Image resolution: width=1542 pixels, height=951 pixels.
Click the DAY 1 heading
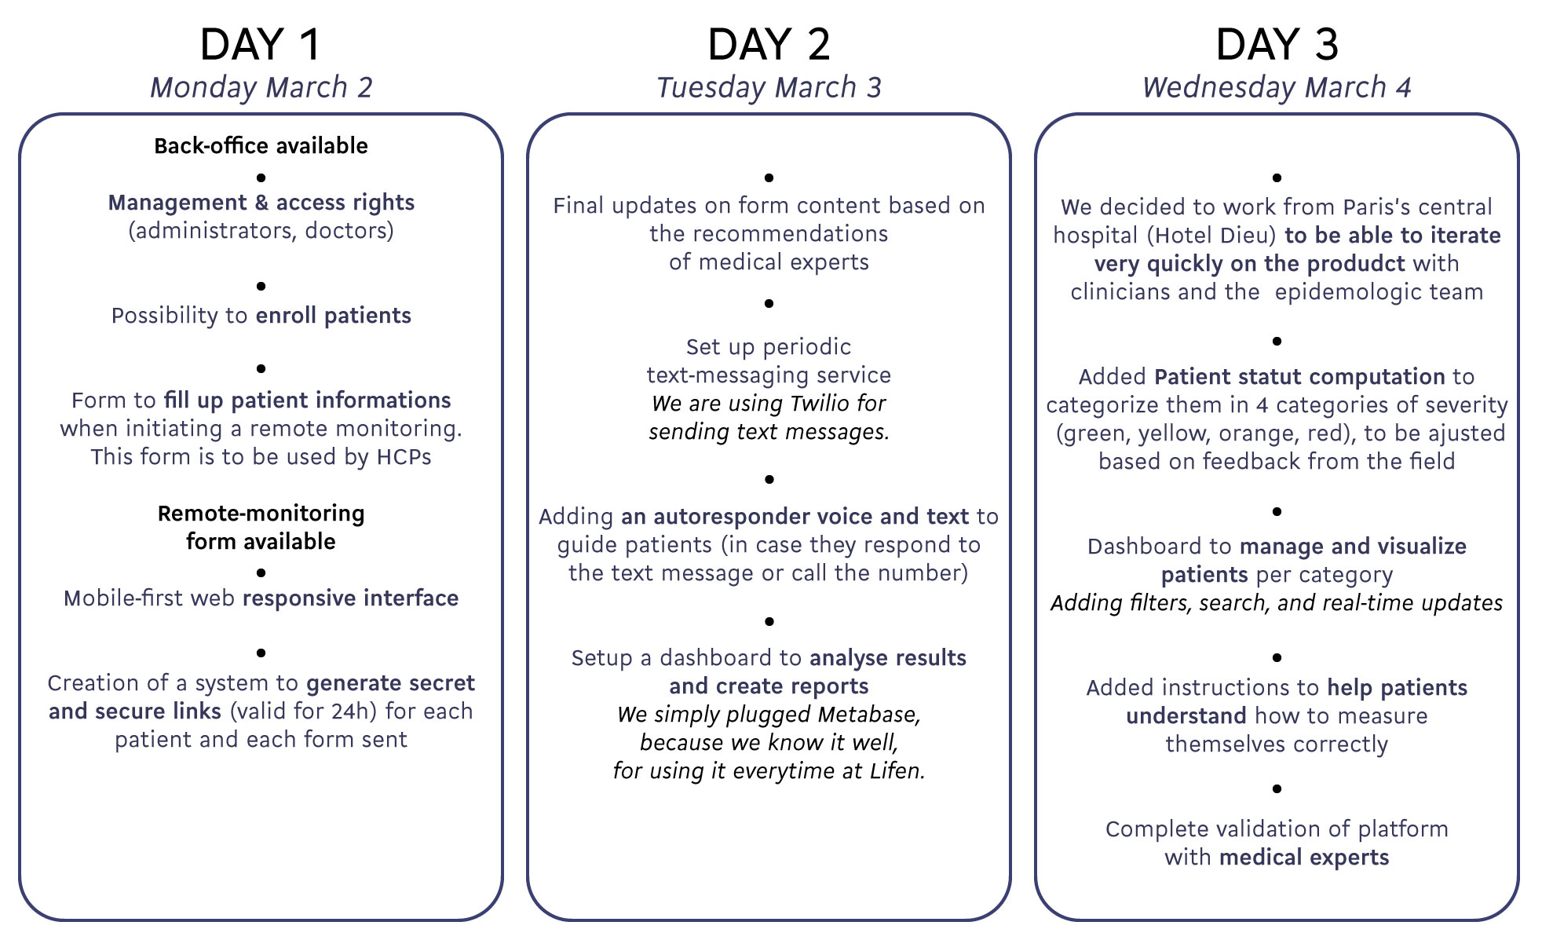tap(261, 44)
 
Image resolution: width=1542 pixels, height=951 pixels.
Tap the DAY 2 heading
tap(769, 44)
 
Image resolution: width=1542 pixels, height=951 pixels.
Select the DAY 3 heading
tap(1277, 44)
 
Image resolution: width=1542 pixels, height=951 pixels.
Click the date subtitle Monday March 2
tap(261, 87)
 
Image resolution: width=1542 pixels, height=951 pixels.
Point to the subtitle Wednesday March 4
tap(1277, 87)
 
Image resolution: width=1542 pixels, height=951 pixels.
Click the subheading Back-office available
tap(261, 145)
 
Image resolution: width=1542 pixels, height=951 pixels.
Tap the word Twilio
tap(820, 403)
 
